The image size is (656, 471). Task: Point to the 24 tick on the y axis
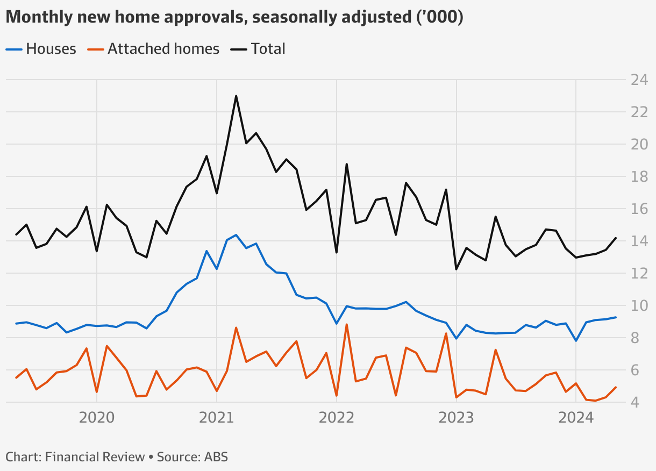click(639, 80)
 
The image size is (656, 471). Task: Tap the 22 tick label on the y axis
click(639, 112)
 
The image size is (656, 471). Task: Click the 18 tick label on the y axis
click(639, 177)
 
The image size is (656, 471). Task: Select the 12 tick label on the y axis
click(639, 274)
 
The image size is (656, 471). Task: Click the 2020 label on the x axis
click(97, 418)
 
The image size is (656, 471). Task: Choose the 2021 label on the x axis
click(217, 418)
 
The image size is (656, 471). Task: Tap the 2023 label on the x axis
click(456, 418)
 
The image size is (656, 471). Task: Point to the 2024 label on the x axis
click(576, 418)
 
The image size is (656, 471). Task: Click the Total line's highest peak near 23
click(236, 96)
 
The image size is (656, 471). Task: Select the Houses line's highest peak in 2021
click(236, 235)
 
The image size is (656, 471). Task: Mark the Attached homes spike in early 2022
click(346, 324)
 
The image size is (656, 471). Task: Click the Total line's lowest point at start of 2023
click(456, 269)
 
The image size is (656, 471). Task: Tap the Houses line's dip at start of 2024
click(576, 341)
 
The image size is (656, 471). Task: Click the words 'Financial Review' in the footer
click(95, 457)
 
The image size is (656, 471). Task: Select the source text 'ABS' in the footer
click(216, 457)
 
